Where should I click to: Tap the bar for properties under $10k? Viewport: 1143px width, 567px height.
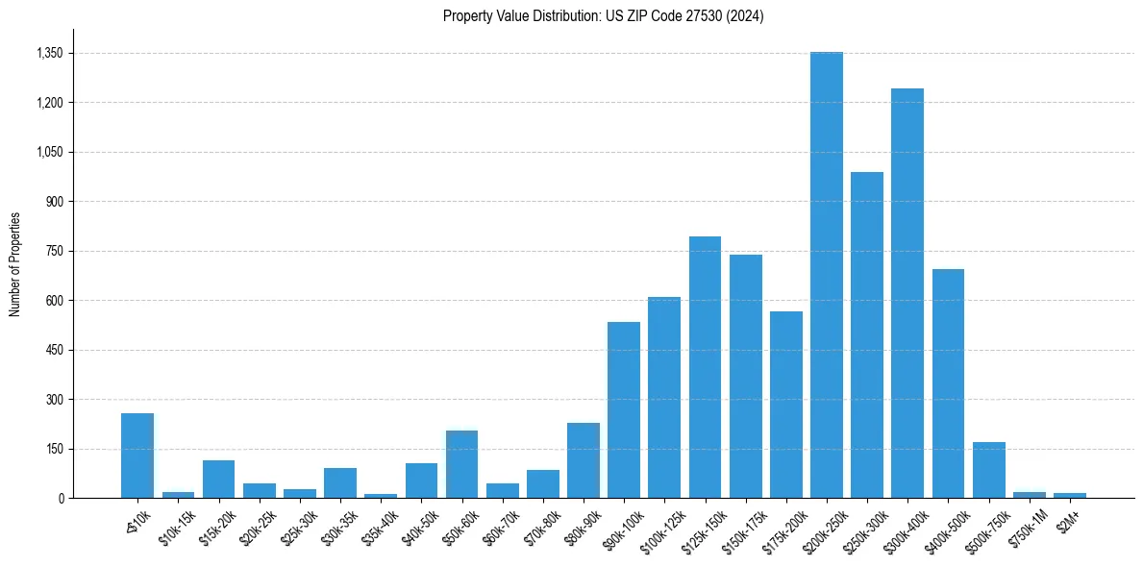pyautogui.click(x=137, y=456)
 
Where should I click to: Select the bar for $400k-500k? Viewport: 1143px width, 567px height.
pyautogui.click(x=948, y=383)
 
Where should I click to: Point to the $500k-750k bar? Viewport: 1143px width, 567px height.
pyautogui.click(x=988, y=470)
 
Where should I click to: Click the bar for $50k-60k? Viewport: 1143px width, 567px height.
pyautogui.click(x=461, y=464)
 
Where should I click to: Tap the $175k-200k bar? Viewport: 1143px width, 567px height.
pyautogui.click(x=785, y=405)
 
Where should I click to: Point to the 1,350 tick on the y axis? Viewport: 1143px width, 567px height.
pyautogui.click(x=49, y=53)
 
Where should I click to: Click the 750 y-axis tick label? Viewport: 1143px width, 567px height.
pyautogui.click(x=54, y=251)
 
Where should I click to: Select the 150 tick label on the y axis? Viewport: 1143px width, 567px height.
pyautogui.click(x=54, y=449)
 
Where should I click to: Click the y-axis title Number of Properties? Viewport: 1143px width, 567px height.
pyautogui.click(x=14, y=263)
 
